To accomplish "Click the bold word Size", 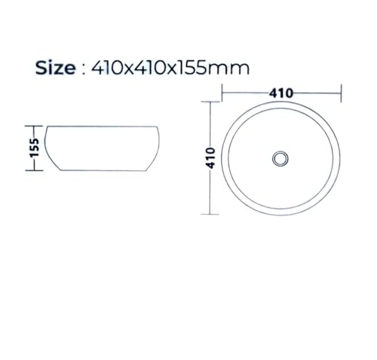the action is pos(55,68).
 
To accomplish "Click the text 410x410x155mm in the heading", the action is pos(170,68).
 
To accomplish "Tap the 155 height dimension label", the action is pos(35,148).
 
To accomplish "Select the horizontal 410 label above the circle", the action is pos(281,93).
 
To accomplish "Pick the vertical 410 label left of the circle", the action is pos(210,158).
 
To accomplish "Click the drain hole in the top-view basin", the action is pos(280,158).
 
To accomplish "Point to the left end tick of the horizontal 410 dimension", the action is pos(222,93).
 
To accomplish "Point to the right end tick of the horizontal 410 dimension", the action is pos(341,93).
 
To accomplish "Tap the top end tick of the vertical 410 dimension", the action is pos(210,102).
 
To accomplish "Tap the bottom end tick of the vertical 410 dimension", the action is pos(210,214).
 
